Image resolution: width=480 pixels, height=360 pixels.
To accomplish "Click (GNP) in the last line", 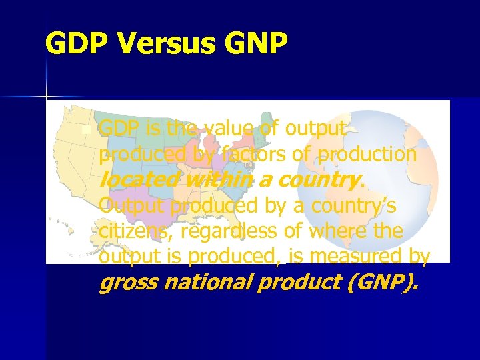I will tap(383, 283).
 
